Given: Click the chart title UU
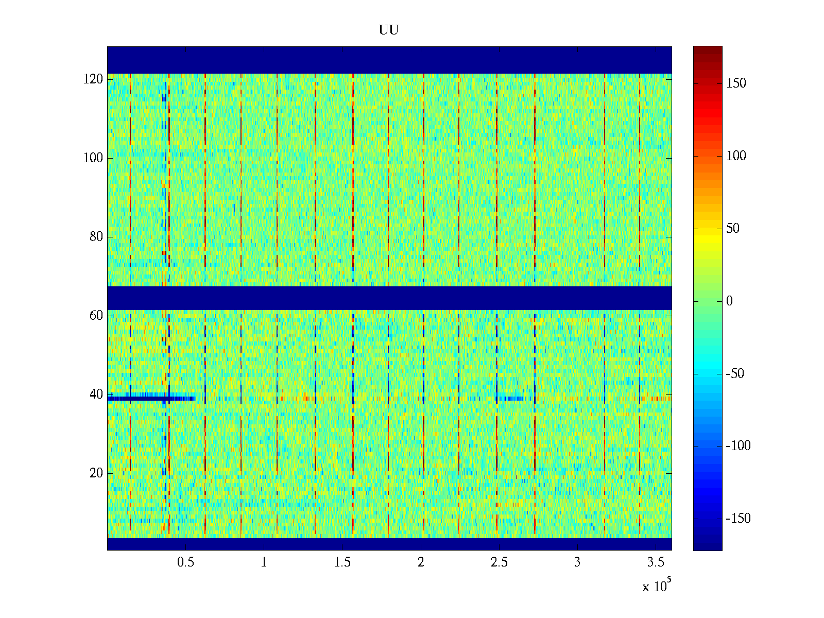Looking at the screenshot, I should pos(389,30).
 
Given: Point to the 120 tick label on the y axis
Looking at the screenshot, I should pos(93,79).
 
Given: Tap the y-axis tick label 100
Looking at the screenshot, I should pos(93,158).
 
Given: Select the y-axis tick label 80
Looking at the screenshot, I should pos(96,237).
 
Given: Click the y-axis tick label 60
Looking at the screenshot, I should pos(96,316).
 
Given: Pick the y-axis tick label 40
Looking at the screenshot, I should pos(96,394).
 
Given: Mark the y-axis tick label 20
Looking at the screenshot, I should pos(96,473).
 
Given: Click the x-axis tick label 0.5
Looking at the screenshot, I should pos(185,562).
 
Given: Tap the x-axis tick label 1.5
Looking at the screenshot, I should pos(342,562).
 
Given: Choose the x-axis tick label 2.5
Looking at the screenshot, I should pos(499,562).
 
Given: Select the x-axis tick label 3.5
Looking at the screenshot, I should pos(656,562).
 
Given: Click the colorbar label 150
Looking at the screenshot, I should pos(736,83).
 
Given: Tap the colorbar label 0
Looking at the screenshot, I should pos(729,301).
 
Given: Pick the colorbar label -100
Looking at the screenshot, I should pos(738,446).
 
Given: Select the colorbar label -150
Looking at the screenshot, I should pos(738,519).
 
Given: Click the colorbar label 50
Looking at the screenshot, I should pos(733,229).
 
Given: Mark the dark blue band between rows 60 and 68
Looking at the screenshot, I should pos(389,298).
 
